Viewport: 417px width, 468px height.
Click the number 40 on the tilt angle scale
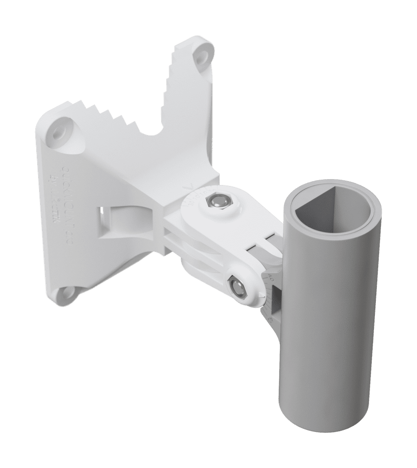[271, 278]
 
